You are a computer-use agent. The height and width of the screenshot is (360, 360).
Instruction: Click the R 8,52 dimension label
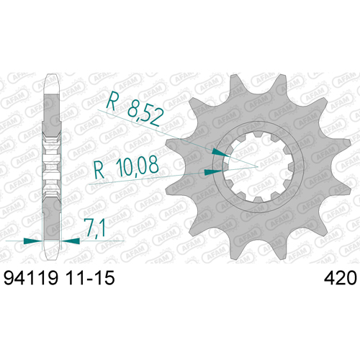[x=135, y=109]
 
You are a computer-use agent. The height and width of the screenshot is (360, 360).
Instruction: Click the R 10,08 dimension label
[x=126, y=167]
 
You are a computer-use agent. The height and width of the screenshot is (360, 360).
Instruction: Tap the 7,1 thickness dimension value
[x=96, y=228]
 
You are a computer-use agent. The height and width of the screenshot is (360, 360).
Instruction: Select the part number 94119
[x=31, y=278]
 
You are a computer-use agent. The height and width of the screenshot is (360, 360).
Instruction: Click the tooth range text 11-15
[x=90, y=278]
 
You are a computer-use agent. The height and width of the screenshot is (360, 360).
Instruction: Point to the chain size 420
[x=341, y=278]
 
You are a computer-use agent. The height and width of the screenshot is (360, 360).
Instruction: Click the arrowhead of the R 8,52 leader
[x=220, y=153]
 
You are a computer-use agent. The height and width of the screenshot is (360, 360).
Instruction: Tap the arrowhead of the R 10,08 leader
[x=213, y=172]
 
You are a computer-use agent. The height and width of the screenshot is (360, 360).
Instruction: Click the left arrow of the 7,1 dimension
[x=32, y=240]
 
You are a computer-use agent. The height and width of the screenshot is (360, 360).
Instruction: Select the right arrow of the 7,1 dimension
[x=71, y=240]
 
